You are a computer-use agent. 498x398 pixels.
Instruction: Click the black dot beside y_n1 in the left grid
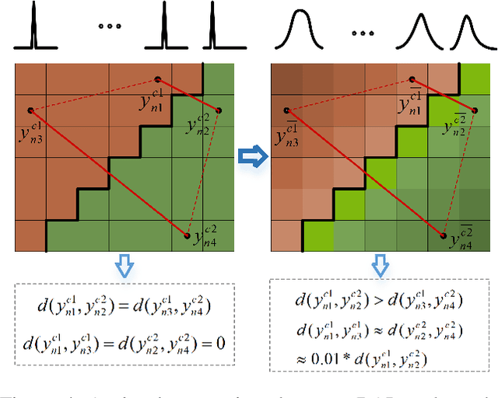pos(158,79)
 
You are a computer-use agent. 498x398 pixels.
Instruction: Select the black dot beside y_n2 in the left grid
pos(219,110)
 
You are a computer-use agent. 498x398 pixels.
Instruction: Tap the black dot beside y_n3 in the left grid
pos(30,110)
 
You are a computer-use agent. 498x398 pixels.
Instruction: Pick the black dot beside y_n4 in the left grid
pos(188,234)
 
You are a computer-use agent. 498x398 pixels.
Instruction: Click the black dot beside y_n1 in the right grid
pos(412,79)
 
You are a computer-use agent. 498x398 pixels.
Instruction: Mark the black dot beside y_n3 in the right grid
pos(286,110)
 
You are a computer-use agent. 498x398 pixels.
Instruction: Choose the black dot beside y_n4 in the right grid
pos(444,235)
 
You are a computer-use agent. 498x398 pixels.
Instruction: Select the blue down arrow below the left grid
pos(123,266)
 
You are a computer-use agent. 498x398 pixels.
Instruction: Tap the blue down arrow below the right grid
pos(379,267)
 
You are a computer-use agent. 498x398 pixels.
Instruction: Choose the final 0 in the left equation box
pos(221,340)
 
